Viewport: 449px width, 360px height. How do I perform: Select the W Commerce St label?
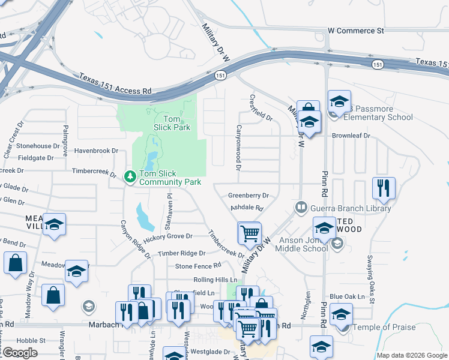point(355,30)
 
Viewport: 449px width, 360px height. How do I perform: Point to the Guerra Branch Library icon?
point(301,208)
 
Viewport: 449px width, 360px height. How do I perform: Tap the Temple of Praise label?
point(380,327)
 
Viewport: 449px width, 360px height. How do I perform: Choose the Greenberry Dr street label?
point(249,196)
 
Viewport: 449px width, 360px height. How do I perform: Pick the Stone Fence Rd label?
point(198,266)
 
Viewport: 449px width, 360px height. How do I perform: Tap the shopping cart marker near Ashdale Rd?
point(249,233)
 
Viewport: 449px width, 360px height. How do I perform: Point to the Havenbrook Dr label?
point(95,151)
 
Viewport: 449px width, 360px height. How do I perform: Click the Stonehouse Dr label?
point(34,146)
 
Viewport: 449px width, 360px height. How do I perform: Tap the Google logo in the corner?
point(20,353)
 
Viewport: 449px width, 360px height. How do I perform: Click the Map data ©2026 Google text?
point(412,355)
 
